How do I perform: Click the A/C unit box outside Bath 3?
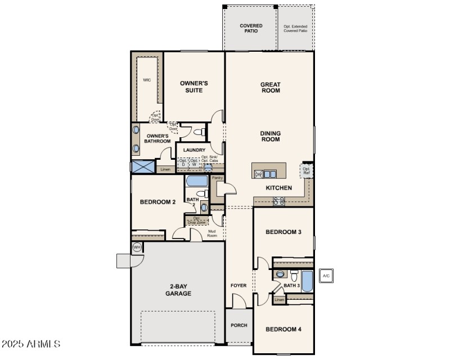click(326, 276)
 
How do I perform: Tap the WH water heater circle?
click(137, 247)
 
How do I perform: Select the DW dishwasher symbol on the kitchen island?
click(259, 174)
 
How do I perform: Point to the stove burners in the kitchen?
click(278, 201)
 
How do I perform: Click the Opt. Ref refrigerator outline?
click(307, 170)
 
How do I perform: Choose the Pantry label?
click(217, 178)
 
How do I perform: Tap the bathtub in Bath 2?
click(196, 182)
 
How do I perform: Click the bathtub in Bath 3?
click(307, 281)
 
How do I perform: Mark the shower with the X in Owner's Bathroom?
click(142, 166)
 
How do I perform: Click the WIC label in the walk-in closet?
click(147, 80)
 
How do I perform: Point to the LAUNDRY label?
click(193, 150)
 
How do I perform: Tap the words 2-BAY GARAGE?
click(178, 290)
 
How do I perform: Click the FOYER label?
click(238, 286)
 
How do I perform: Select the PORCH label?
click(239, 325)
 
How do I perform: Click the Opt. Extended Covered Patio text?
click(295, 28)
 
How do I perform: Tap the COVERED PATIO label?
click(251, 28)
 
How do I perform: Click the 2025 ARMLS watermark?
click(31, 343)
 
